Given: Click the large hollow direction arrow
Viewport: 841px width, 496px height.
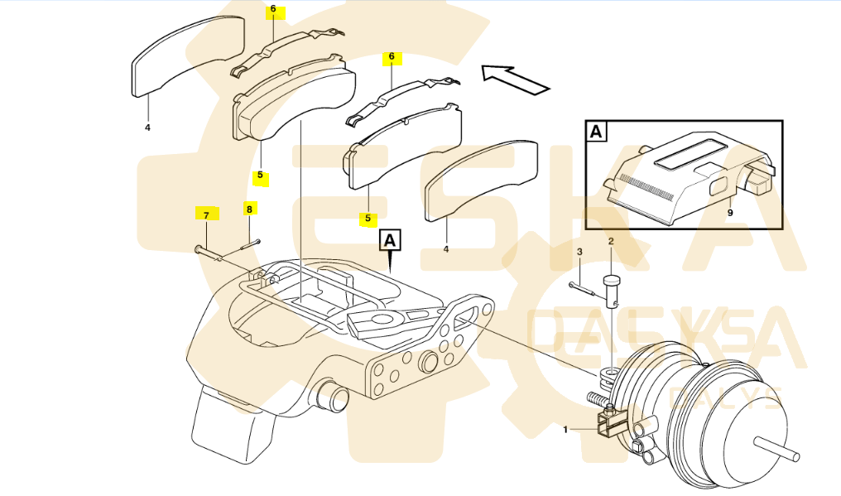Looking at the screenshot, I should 516,79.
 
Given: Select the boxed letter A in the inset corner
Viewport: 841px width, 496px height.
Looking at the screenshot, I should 596,132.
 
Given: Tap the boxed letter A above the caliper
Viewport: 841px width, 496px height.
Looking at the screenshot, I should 390,241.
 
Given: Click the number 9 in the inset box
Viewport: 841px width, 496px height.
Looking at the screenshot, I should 729,212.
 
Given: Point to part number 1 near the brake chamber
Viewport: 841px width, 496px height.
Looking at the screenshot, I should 566,429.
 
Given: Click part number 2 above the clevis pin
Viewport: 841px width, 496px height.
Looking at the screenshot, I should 611,241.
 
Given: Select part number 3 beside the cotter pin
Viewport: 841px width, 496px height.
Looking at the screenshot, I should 579,251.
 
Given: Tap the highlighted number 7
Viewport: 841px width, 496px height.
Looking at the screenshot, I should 206,214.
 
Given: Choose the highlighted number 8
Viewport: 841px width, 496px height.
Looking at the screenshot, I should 248,209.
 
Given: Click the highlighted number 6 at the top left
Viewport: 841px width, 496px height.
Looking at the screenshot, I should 273,11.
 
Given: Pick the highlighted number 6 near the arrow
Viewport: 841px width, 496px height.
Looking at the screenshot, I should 392,58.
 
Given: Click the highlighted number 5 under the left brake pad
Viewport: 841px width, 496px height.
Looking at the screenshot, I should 260,176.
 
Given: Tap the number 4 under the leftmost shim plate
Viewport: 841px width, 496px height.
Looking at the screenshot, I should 147,128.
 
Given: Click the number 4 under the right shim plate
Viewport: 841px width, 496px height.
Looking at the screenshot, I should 445,248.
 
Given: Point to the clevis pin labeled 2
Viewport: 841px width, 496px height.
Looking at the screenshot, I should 613,291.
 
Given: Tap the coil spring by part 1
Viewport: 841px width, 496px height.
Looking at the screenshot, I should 598,401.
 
